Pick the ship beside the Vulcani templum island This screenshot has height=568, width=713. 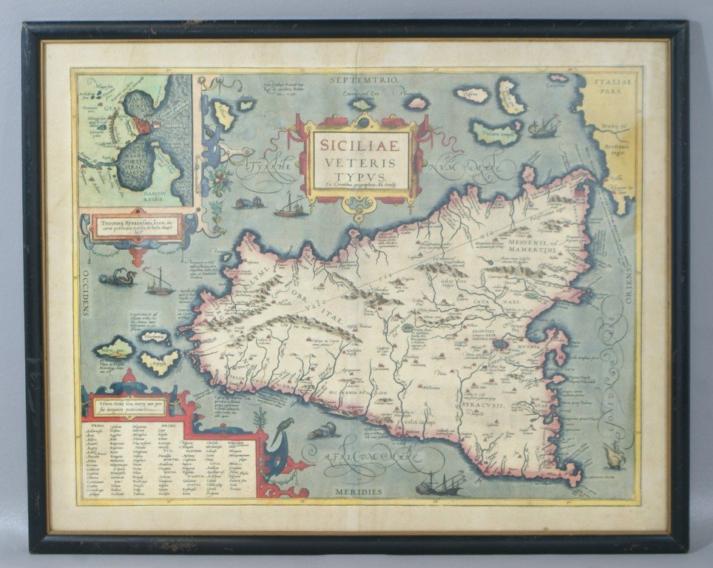pyautogui.click(x=545, y=127)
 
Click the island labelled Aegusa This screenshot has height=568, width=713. pyautogui.click(x=160, y=362)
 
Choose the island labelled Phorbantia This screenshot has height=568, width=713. pyautogui.click(x=153, y=337)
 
